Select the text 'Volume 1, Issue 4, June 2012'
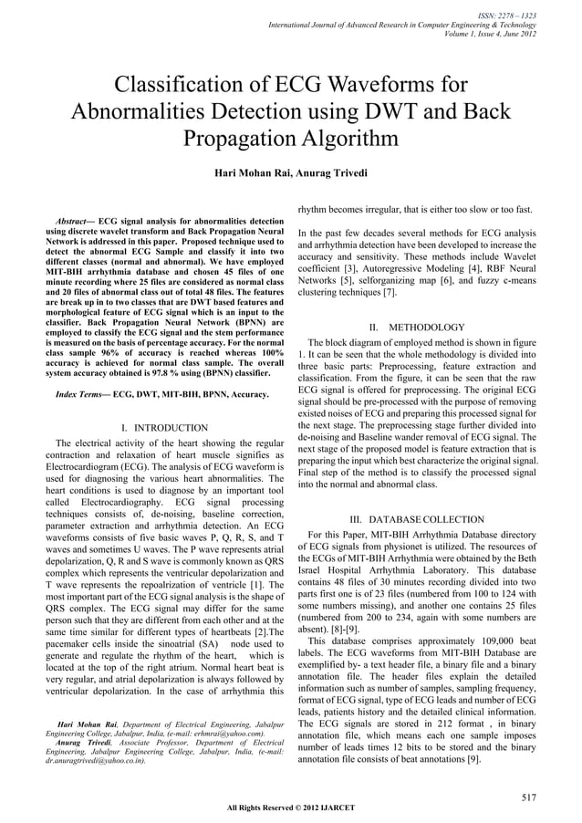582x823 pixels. (496, 35)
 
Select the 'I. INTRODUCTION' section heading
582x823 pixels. (164, 428)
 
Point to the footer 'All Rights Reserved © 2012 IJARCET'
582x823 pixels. (290, 807)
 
